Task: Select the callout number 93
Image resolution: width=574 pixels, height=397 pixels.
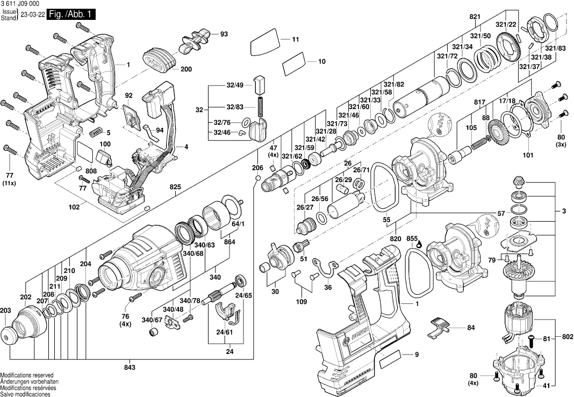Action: tap(224, 34)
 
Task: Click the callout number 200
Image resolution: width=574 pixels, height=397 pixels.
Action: tap(186, 69)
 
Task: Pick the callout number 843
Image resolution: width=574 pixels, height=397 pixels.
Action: tap(129, 367)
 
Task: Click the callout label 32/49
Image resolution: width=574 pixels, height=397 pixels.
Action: tap(235, 85)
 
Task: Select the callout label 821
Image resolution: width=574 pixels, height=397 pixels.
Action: tap(475, 17)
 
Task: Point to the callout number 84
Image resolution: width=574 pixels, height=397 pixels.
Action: tap(471, 327)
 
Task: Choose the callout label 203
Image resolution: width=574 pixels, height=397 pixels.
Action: tap(5, 310)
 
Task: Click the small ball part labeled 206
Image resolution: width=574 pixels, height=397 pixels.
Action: tap(258, 178)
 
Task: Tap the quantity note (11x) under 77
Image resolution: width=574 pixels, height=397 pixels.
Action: tap(9, 184)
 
